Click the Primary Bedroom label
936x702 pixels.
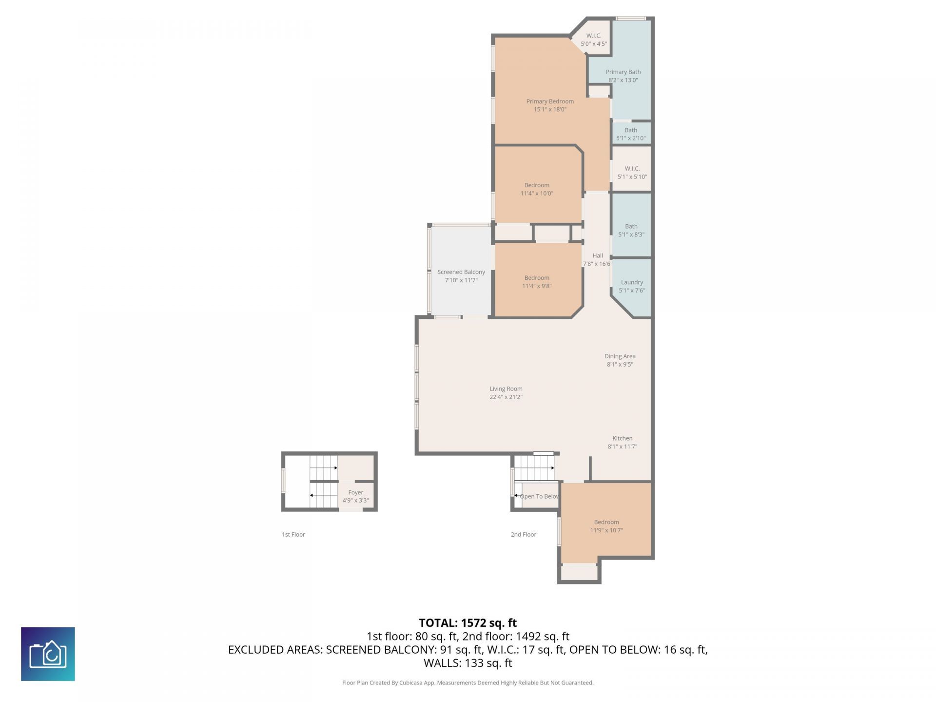(550, 101)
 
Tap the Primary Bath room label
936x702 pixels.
(623, 72)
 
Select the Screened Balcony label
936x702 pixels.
(461, 272)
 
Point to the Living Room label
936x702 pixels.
(506, 389)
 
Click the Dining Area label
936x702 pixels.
(620, 356)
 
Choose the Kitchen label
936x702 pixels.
(623, 438)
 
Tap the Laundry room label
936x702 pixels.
(632, 282)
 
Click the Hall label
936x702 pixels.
(598, 255)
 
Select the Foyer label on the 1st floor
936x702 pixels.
(356, 492)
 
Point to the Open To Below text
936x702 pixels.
(540, 496)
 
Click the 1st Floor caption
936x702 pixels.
(293, 534)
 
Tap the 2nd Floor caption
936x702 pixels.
(524, 534)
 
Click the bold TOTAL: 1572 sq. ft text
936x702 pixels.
(468, 623)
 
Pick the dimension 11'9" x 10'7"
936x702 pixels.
(606, 530)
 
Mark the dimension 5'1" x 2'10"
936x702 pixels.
(631, 138)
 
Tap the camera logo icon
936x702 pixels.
(48, 654)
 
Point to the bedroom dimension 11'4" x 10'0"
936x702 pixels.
(537, 194)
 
